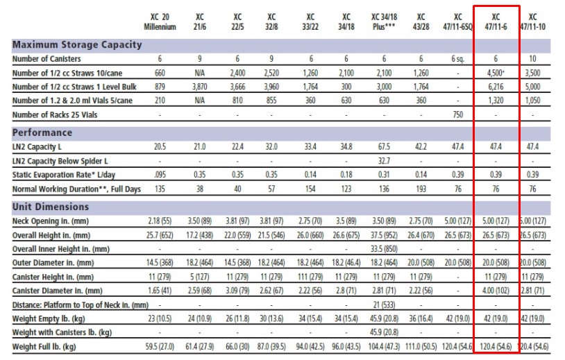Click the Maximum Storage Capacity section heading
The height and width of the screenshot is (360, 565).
coord(77,45)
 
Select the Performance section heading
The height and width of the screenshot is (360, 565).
coord(42,132)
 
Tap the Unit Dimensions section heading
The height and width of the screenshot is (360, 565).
coord(51,207)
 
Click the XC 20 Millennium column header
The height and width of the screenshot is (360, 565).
coord(160,22)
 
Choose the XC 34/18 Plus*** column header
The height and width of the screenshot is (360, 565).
coord(384,22)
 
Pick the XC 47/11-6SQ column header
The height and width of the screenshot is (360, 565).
coord(457,22)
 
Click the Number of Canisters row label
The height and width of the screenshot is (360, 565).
coord(47,59)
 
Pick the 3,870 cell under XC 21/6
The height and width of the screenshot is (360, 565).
coord(200,87)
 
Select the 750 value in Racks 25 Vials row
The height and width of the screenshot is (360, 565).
coord(457,114)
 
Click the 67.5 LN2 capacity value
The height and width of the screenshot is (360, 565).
coord(384,147)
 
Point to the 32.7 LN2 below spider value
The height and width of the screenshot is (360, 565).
coord(384,161)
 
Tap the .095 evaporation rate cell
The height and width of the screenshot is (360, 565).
coord(160,175)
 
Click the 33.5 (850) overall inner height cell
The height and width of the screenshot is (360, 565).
coord(384,248)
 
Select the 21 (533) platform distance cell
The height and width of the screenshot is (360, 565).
coord(384,305)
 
